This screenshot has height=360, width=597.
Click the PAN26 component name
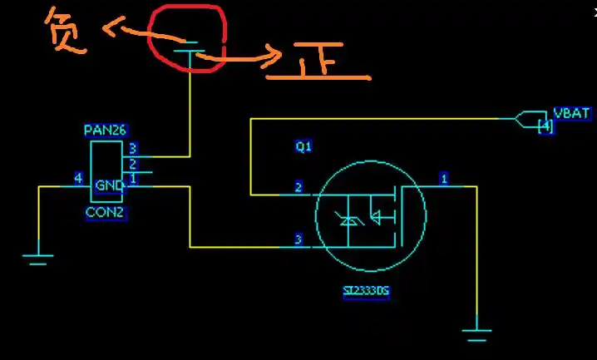click(x=105, y=131)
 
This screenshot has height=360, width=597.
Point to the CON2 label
click(x=105, y=212)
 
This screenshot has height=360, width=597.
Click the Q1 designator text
click(x=303, y=146)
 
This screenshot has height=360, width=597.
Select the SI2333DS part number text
click(x=366, y=292)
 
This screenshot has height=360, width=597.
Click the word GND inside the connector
click(x=109, y=185)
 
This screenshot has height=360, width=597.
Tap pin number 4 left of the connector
click(x=78, y=178)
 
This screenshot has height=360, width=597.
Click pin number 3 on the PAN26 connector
click(x=132, y=149)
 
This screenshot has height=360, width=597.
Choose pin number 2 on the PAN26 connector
click(x=132, y=164)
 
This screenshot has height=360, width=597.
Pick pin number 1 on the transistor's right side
click(x=444, y=179)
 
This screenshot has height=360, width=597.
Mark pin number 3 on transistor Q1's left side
click(x=298, y=240)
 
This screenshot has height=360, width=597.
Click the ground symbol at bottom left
click(x=37, y=257)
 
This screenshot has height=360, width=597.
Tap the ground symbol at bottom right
click(x=477, y=335)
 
